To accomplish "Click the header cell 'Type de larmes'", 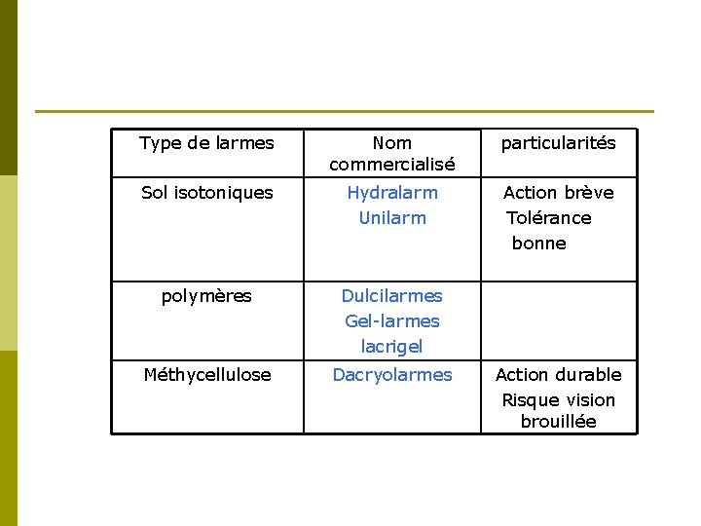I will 206,143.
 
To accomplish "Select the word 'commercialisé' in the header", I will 391,165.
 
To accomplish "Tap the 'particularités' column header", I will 558,143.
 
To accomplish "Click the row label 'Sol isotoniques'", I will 206,193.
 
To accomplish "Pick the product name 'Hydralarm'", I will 392,193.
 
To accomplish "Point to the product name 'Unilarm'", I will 392,218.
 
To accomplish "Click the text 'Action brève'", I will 558,193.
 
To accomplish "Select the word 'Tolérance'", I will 549,218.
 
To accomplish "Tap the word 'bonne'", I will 538,244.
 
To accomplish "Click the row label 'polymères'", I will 206,296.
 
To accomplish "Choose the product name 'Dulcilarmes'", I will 391,296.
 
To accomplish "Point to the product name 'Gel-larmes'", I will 391,321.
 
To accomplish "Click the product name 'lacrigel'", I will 391,347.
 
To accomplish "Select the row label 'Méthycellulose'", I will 206,375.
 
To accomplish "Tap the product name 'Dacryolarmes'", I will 392,375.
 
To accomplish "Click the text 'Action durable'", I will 558,375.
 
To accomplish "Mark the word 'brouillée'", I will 558,422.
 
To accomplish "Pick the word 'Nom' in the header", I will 391,143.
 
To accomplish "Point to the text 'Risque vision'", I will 558,400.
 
